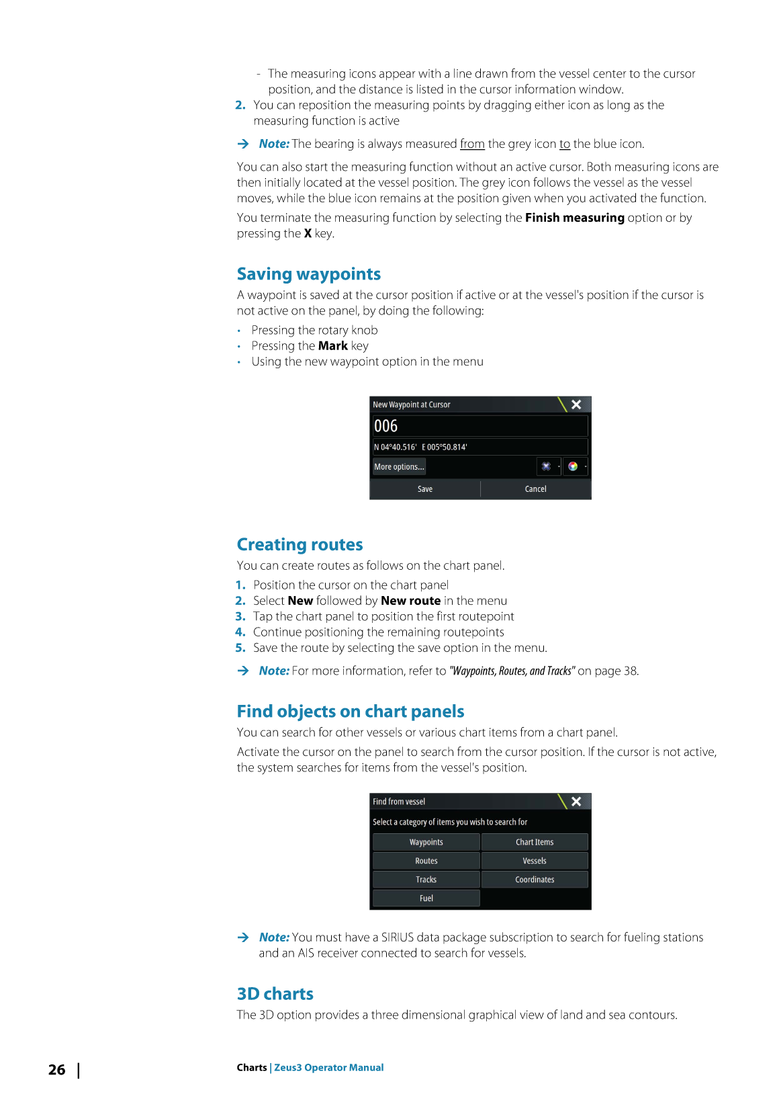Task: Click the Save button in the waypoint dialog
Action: click(x=425, y=489)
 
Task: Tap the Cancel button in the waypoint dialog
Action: click(x=535, y=489)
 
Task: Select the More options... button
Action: click(x=399, y=467)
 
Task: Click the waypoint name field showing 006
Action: click(x=479, y=426)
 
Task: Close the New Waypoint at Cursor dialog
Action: click(x=576, y=405)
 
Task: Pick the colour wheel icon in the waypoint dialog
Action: click(x=573, y=466)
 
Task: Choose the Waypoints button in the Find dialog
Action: click(x=426, y=842)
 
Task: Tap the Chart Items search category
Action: click(x=535, y=842)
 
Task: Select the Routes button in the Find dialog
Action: click(x=426, y=861)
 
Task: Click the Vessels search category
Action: click(x=535, y=861)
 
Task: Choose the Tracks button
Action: click(x=426, y=880)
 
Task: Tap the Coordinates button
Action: click(x=535, y=880)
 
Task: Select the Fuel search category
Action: click(x=426, y=898)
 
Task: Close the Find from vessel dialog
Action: click(x=576, y=802)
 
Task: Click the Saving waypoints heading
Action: click(x=309, y=274)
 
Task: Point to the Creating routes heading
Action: click(x=300, y=545)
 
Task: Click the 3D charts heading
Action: click(x=275, y=994)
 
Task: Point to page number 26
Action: click(x=57, y=1070)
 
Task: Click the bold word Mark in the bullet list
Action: click(x=333, y=346)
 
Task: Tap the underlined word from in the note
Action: click(x=472, y=144)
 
